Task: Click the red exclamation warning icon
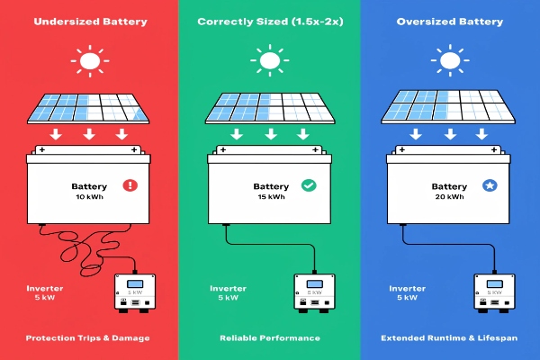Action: pyautogui.click(x=131, y=185)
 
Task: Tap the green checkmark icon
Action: pyautogui.click(x=309, y=185)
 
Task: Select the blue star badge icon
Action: pyautogui.click(x=490, y=185)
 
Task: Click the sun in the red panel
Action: pyautogui.click(x=89, y=62)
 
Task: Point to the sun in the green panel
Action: pyautogui.click(x=269, y=62)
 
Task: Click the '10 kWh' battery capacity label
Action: pyautogui.click(x=88, y=196)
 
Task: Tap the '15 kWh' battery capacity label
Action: pyautogui.click(x=268, y=196)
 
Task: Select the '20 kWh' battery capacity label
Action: pyautogui.click(x=446, y=196)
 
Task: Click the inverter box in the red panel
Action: pyautogui.click(x=134, y=298)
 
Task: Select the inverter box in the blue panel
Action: pyautogui.click(x=491, y=298)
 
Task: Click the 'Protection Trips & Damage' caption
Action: pyautogui.click(x=89, y=337)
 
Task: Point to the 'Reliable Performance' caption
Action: pyautogui.click(x=269, y=337)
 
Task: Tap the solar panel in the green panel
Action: pyautogui.click(x=269, y=109)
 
